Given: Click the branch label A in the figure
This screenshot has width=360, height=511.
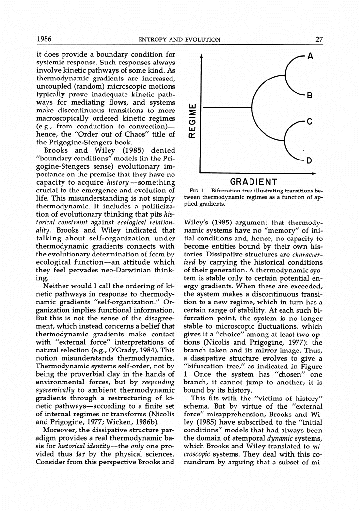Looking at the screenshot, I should tap(310, 56).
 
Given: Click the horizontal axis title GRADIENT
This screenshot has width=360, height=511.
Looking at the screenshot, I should tap(253, 182).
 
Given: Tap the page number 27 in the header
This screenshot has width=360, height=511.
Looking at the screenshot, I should tap(319, 39).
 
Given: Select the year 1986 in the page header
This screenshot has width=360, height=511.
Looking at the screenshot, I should tap(45, 39).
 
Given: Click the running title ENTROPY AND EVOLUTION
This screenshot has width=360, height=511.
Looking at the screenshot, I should tap(179, 40).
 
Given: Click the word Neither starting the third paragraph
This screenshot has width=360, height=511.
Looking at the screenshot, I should tap(57, 287).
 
